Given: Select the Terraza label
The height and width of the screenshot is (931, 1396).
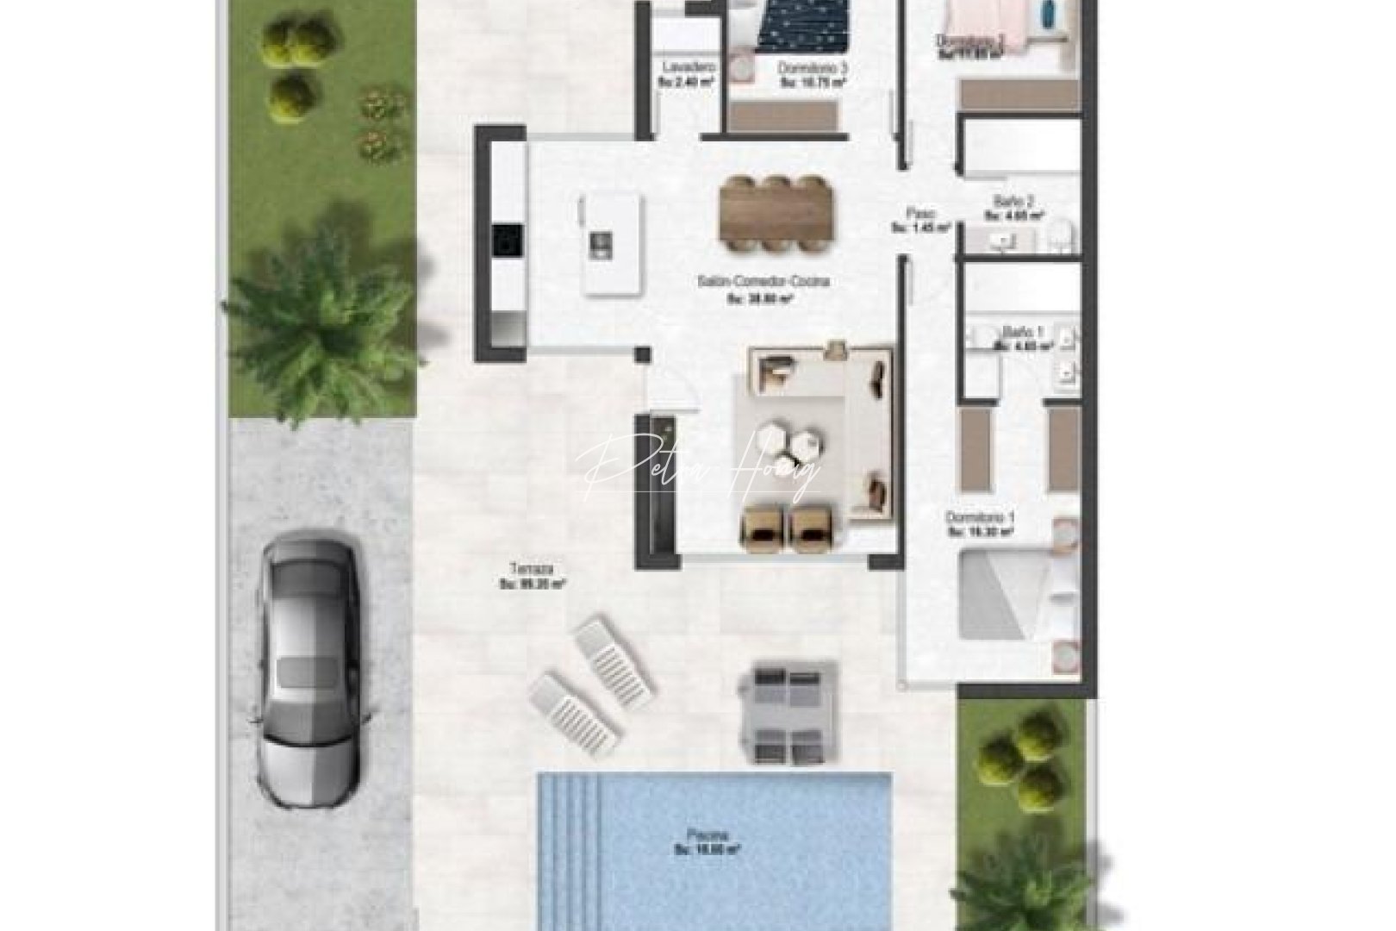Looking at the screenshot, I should [x=531, y=569].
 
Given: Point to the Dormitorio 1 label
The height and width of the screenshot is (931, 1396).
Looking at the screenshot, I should [x=981, y=517].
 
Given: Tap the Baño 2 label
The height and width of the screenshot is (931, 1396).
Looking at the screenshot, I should [x=1008, y=201].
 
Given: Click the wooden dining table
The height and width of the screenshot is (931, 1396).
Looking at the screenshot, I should [x=777, y=215].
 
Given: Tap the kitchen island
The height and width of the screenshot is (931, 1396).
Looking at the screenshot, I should [x=612, y=243].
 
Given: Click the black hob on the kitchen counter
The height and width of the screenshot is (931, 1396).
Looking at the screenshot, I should [x=507, y=240].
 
